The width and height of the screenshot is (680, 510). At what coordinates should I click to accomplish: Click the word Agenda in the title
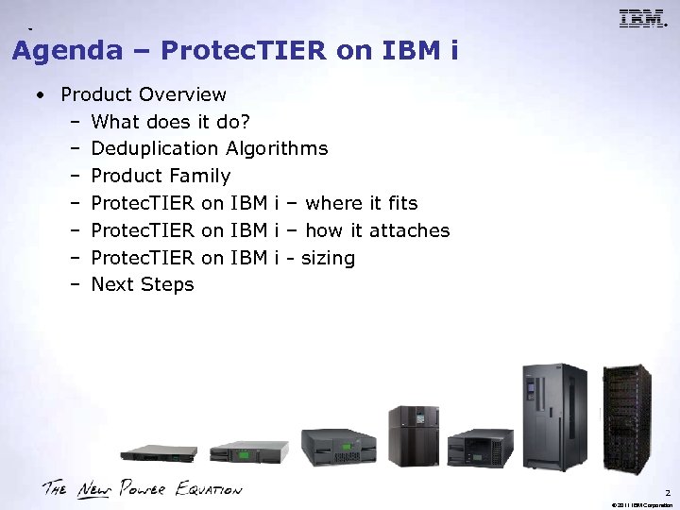point(67,51)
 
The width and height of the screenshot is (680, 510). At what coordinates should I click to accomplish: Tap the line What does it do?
point(170,122)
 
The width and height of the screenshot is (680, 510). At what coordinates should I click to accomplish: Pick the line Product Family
point(161,176)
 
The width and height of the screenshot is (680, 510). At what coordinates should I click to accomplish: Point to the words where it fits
point(363,203)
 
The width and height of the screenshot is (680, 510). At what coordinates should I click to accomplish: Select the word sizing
point(328,258)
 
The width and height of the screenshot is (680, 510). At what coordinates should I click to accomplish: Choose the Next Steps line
point(142,284)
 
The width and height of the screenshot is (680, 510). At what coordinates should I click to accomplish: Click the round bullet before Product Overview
point(41,95)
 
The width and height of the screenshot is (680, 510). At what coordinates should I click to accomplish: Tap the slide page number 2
point(666,491)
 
